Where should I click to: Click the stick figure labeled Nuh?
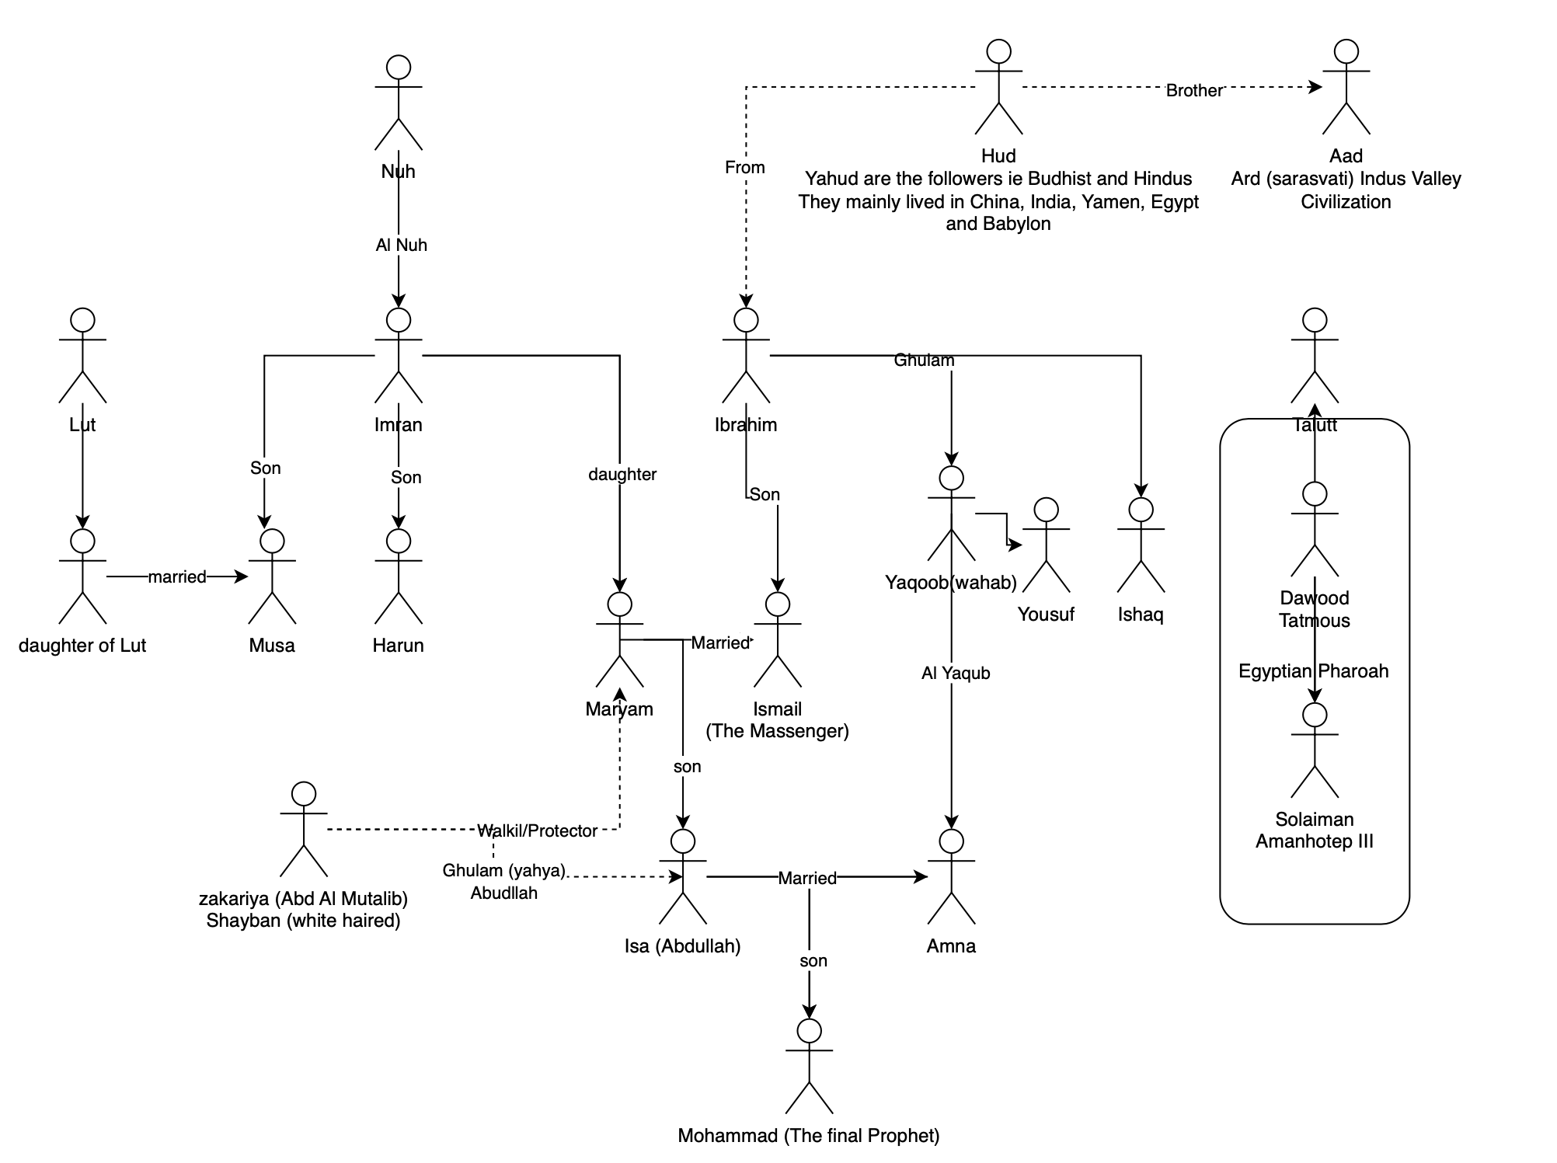pyautogui.click(x=399, y=103)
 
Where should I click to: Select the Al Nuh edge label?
pyautogui.click(x=402, y=245)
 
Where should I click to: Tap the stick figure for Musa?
pyautogui.click(x=272, y=576)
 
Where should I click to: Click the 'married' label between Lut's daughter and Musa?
pyautogui.click(x=177, y=577)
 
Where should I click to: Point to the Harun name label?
pyautogui.click(x=399, y=646)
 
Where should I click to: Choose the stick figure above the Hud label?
pyautogui.click(x=998, y=87)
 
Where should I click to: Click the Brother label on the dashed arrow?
pyautogui.click(x=1194, y=91)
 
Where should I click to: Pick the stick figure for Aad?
pyautogui.click(x=1346, y=87)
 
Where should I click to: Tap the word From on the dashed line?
pyautogui.click(x=745, y=168)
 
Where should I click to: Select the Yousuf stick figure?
pyautogui.click(x=1047, y=545)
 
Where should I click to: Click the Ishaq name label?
pyautogui.click(x=1141, y=615)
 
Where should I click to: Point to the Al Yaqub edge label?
pyautogui.click(x=956, y=674)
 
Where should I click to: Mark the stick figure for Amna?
pyautogui.click(x=951, y=876)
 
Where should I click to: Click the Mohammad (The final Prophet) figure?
pyautogui.click(x=810, y=1066)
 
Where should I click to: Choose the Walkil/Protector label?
pyautogui.click(x=538, y=831)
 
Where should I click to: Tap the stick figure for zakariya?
pyautogui.click(x=304, y=830)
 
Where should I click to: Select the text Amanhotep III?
pyautogui.click(x=1315, y=841)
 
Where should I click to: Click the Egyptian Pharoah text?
pyautogui.click(x=1313, y=671)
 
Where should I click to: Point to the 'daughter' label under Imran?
pyautogui.click(x=622, y=475)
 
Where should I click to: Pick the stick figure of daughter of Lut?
pyautogui.click(x=82, y=576)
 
